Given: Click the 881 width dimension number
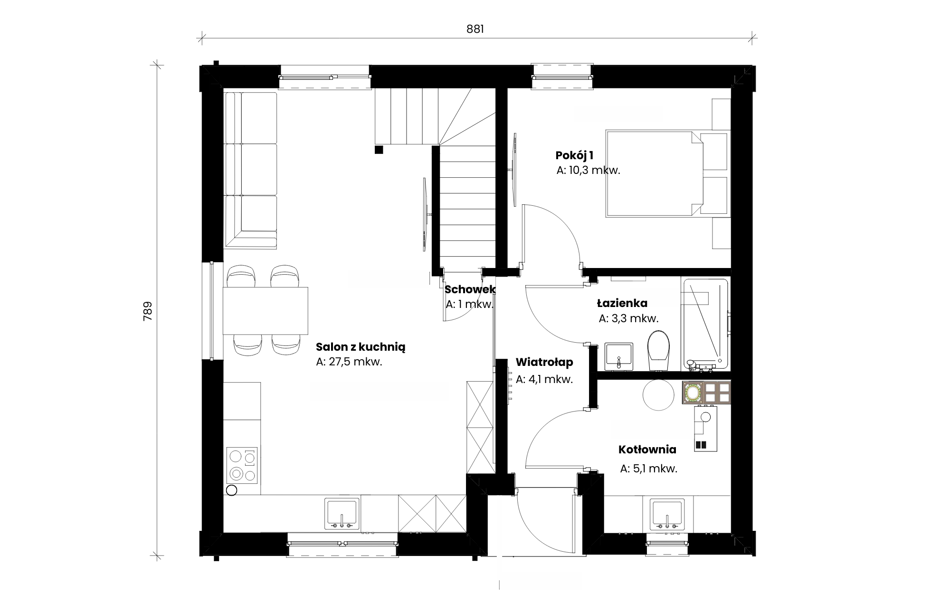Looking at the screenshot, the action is [x=475, y=29].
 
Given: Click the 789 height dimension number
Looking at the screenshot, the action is [x=148, y=311].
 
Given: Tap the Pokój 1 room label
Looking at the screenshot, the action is [x=574, y=155].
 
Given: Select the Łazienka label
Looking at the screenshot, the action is [x=622, y=303].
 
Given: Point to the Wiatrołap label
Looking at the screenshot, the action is [x=544, y=362].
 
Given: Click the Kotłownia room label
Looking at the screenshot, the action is [x=647, y=450].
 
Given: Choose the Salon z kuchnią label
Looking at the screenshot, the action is [x=361, y=347].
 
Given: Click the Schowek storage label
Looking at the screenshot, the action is [x=470, y=289].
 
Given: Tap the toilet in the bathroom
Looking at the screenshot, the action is [x=658, y=350].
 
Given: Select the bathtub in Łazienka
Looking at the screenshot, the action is [x=705, y=325].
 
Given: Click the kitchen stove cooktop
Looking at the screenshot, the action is [x=242, y=465].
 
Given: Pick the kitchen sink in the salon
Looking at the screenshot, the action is [x=342, y=513].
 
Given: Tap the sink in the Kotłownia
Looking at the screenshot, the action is [x=667, y=514].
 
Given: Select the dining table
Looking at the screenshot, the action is [x=266, y=311].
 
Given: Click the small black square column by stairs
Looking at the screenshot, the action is [x=379, y=150].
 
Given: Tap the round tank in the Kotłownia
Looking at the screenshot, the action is [x=658, y=394].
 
